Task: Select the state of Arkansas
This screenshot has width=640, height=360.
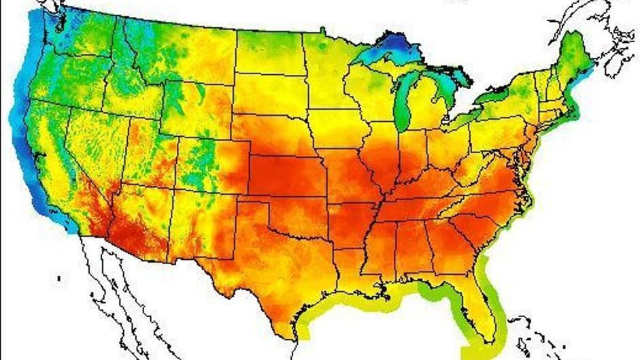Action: pos(351,225)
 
